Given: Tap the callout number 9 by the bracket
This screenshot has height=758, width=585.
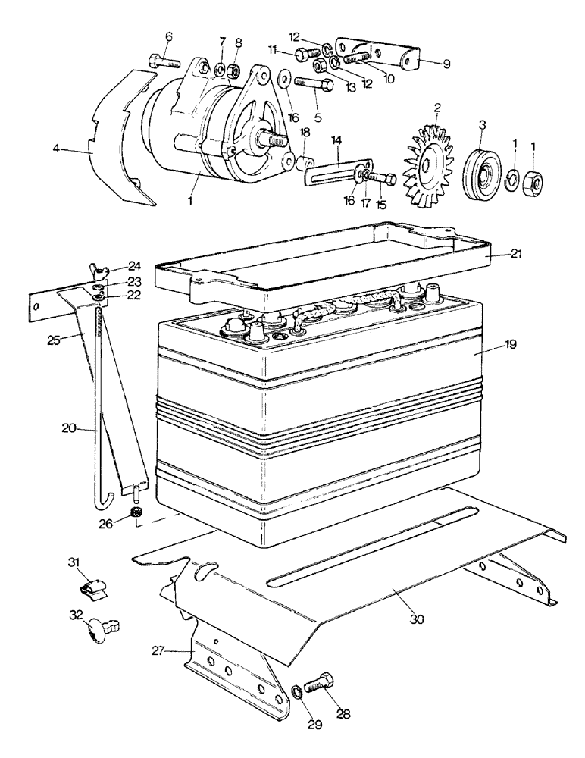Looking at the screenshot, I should tap(446, 64).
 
